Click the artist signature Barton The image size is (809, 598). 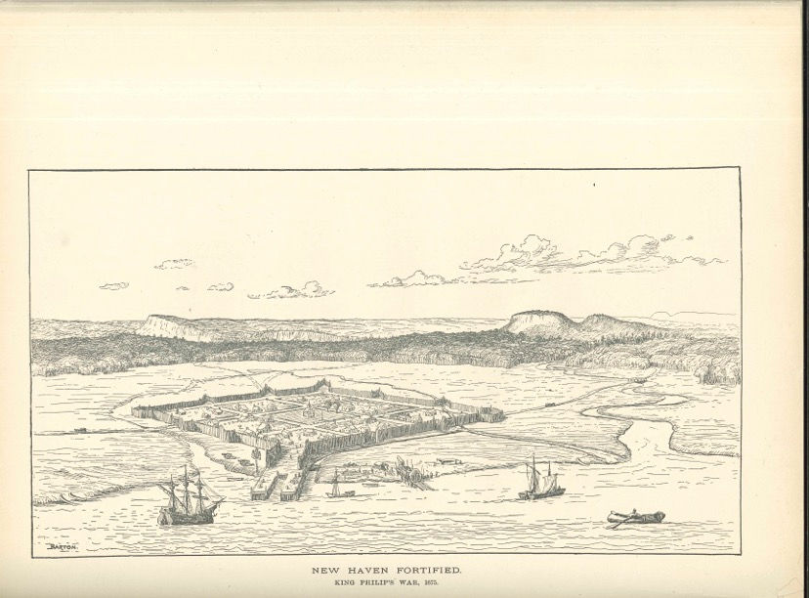click(61, 548)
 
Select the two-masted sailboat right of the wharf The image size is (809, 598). click(539, 481)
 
